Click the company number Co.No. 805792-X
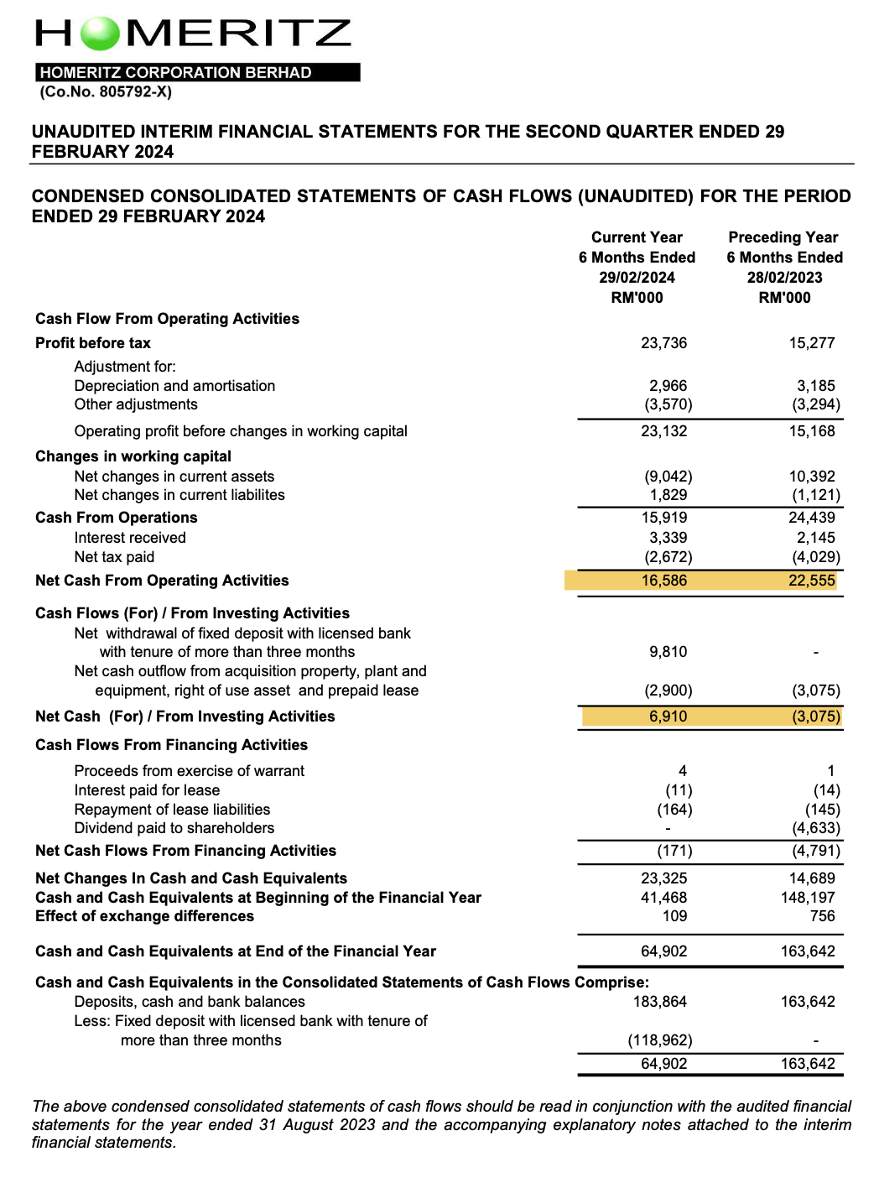(x=106, y=92)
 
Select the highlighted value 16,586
(x=663, y=581)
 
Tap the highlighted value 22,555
(x=811, y=581)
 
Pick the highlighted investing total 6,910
(x=668, y=716)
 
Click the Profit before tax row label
(x=93, y=343)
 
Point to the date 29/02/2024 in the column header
(x=637, y=278)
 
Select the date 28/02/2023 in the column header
(x=784, y=278)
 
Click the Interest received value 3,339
(x=668, y=538)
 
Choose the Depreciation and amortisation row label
(x=174, y=386)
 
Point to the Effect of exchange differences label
(x=133, y=916)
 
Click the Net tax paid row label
(x=114, y=557)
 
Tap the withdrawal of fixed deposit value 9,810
(x=668, y=652)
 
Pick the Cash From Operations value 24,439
(x=811, y=518)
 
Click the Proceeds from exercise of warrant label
(x=189, y=771)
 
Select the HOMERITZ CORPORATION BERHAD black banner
(x=197, y=73)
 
